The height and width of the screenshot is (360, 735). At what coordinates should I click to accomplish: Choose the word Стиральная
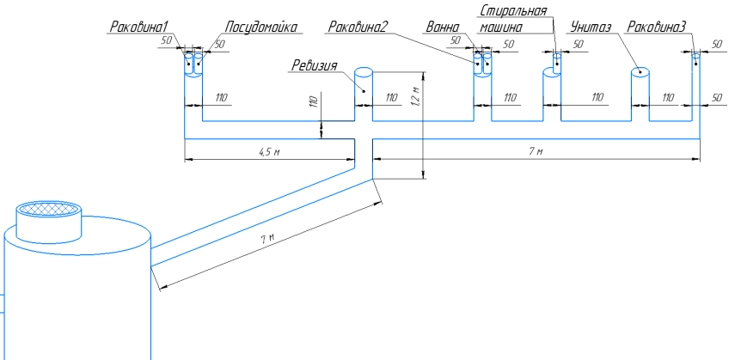point(513,10)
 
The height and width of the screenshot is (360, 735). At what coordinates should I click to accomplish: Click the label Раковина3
point(657,27)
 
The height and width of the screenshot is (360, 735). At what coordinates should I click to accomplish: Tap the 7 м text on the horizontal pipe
point(536,151)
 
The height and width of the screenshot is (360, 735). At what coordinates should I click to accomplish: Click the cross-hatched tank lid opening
point(50,209)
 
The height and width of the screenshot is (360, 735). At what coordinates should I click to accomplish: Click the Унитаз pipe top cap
point(640,73)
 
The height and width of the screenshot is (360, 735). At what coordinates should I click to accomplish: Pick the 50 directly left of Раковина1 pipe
point(166,40)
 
